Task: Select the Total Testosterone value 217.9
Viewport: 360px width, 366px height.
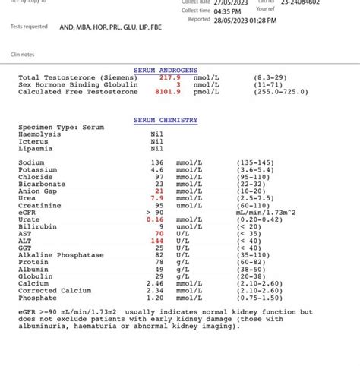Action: point(169,77)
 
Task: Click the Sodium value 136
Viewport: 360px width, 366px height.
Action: point(157,163)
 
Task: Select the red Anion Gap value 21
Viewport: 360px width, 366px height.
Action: point(159,191)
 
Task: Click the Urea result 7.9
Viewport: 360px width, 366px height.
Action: point(157,198)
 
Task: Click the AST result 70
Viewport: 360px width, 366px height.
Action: point(159,233)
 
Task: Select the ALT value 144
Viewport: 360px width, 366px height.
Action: point(157,241)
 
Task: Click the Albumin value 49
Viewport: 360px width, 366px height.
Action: point(159,269)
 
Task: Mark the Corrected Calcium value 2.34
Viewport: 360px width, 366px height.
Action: point(155,290)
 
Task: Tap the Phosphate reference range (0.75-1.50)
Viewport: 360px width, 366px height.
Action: point(260,297)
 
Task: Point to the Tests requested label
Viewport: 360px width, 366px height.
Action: point(29,27)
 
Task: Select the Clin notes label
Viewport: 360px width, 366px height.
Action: point(23,55)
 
